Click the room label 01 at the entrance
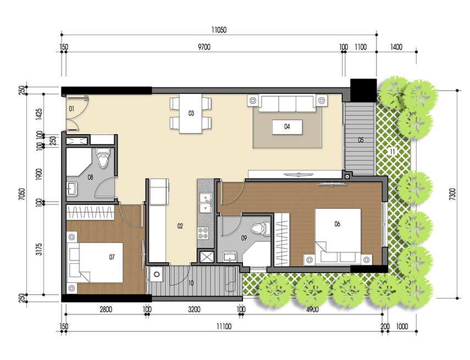[71, 109]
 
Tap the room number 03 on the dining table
[191, 114]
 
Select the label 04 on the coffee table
[287, 126]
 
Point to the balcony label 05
[361, 140]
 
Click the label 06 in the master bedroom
[337, 224]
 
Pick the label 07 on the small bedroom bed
[112, 257]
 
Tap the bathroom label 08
[90, 177]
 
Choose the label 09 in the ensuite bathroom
[244, 238]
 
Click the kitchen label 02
[179, 226]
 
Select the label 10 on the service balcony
[190, 283]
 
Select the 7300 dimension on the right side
[452, 194]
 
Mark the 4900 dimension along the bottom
[312, 309]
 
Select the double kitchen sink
[206, 202]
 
